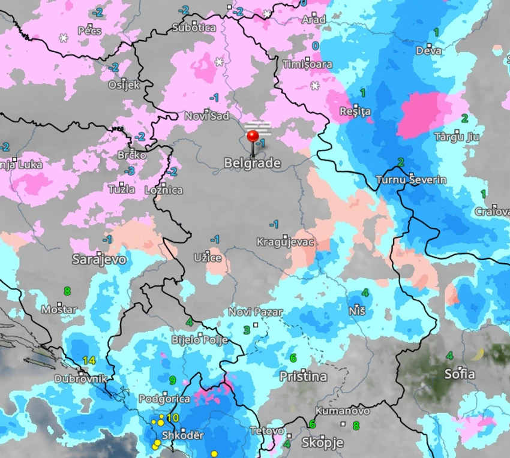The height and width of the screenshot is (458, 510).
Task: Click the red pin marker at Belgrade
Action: (x=253, y=135)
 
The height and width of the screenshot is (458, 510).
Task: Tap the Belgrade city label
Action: (x=252, y=163)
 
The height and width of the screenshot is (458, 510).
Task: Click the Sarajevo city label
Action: (x=99, y=260)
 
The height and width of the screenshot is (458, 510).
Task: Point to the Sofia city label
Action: (x=460, y=375)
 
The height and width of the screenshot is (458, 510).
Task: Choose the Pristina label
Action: (x=304, y=376)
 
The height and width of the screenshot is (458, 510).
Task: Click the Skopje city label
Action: (x=322, y=443)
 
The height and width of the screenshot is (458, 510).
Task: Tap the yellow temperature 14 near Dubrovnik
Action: (x=89, y=360)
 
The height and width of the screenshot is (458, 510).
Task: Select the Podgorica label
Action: (x=164, y=399)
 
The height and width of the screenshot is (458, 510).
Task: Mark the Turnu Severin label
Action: (x=411, y=180)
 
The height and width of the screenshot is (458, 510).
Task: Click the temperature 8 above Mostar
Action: (x=67, y=291)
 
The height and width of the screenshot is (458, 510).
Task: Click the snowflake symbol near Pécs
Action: (x=64, y=38)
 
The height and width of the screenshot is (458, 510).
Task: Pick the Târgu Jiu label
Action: (x=457, y=137)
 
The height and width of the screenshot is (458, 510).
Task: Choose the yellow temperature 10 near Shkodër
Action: (x=173, y=418)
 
